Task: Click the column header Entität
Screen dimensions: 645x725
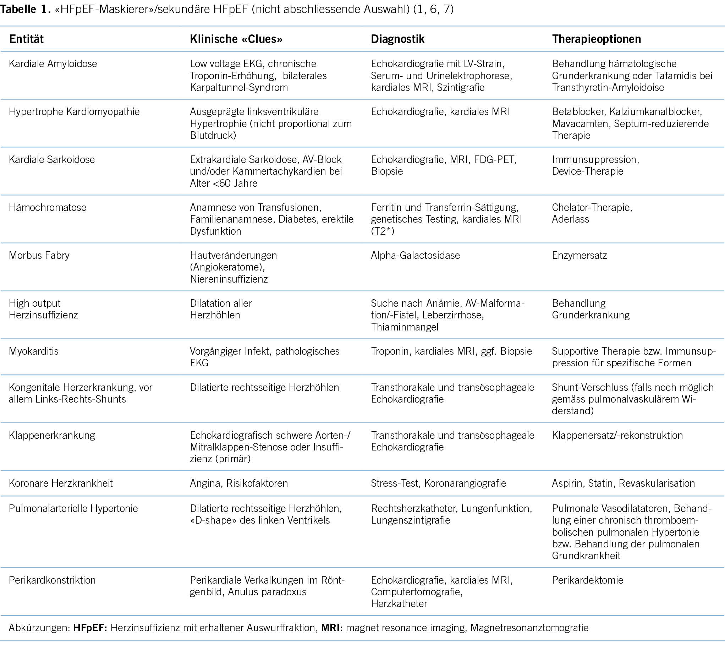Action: point(26,39)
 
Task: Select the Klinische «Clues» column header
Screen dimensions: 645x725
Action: point(236,39)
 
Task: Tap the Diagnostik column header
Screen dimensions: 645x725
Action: point(397,39)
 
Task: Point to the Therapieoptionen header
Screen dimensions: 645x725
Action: point(596,39)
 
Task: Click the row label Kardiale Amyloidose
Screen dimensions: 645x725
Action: point(53,64)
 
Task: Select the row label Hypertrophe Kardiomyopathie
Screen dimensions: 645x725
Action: point(74,111)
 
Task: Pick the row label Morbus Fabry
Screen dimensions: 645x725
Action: point(39,255)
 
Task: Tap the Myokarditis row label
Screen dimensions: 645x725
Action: point(34,351)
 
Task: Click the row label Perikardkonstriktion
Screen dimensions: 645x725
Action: point(52,580)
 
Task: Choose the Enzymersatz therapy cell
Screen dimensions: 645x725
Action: point(579,255)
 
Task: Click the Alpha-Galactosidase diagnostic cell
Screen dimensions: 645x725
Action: point(415,255)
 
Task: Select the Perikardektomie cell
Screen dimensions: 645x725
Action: point(587,580)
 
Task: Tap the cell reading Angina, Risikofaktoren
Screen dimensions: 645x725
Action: point(239,483)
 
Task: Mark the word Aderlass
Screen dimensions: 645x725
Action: point(570,219)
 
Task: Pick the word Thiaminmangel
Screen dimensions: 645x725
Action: point(405,327)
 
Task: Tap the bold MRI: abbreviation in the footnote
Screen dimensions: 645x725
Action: point(332,628)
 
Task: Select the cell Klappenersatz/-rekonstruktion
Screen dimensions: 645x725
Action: point(617,435)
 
